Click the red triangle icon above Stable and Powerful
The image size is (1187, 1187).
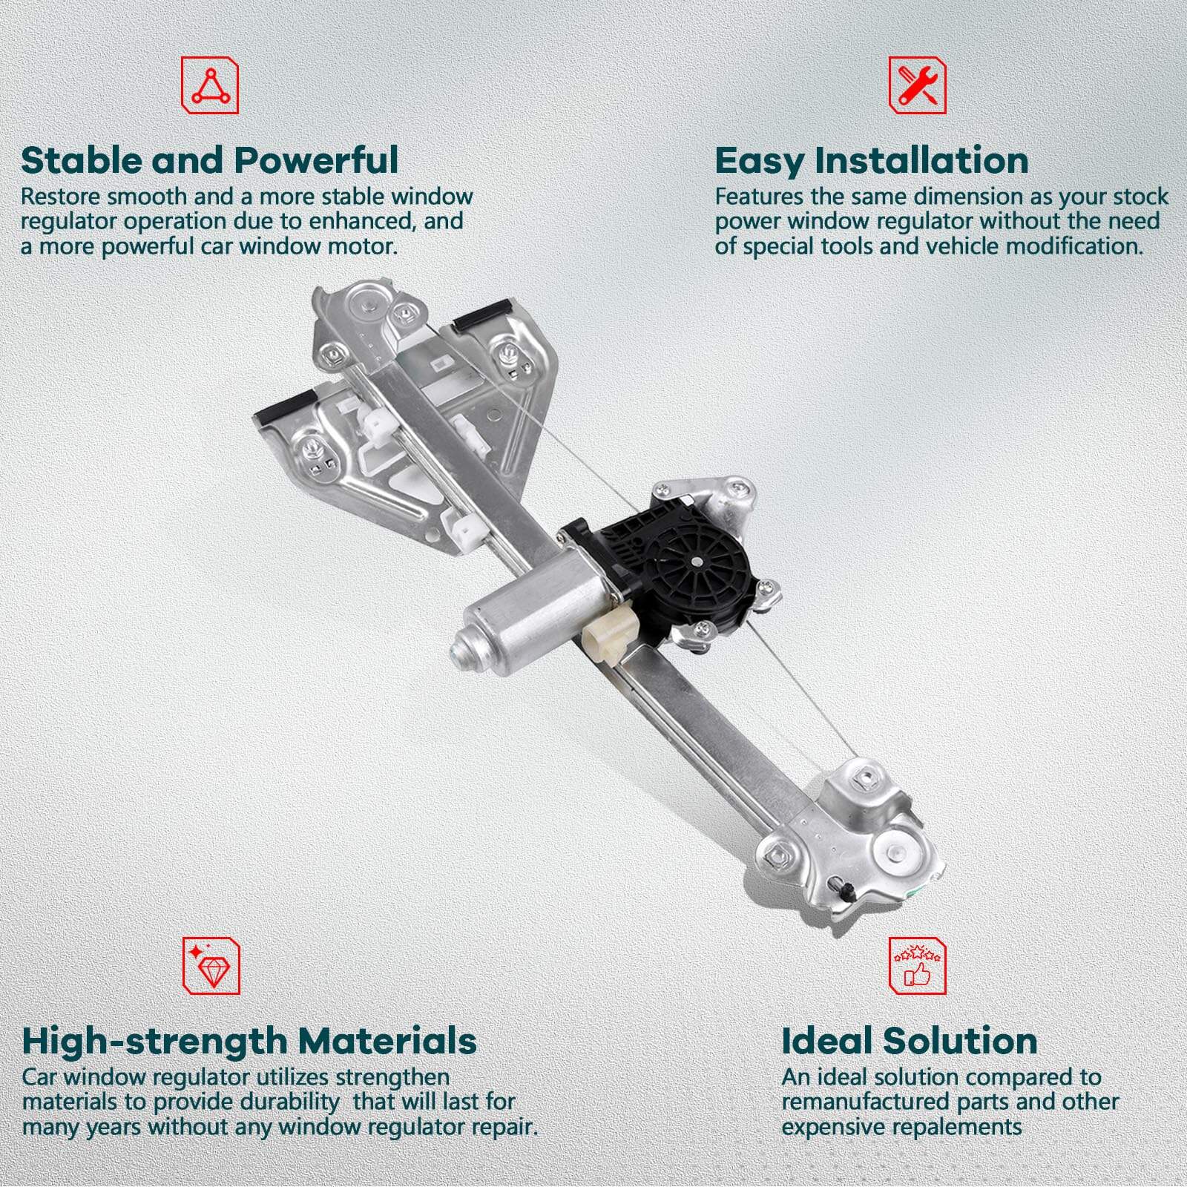coord(210,85)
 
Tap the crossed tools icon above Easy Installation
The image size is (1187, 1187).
coord(918,85)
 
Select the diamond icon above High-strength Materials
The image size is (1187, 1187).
coord(211,965)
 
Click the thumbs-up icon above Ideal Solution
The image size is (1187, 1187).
coord(918,965)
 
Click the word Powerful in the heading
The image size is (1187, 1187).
coord(317,160)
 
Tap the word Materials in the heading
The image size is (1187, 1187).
coord(384,1041)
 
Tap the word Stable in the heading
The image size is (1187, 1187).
coord(80,160)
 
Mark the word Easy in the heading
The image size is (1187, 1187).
coord(760,161)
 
